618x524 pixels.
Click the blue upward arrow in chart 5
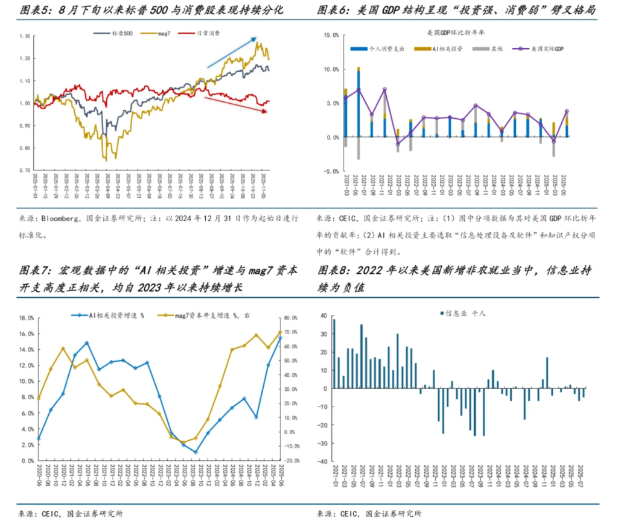[x=232, y=52]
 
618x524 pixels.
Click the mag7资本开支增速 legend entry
[x=205, y=315]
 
